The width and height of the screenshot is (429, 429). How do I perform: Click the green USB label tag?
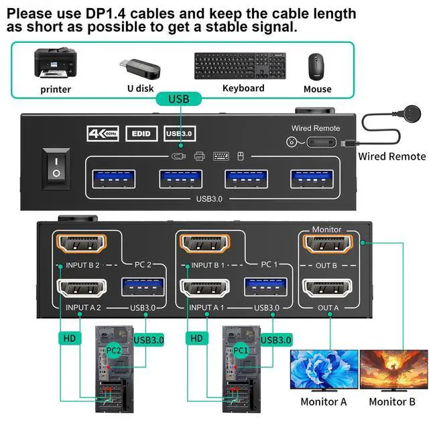[x=178, y=99]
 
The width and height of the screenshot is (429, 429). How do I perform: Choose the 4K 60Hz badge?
[x=103, y=133]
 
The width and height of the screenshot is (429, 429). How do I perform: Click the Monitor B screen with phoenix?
[x=393, y=369]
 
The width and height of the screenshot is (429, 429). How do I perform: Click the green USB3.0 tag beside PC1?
[x=276, y=340]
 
